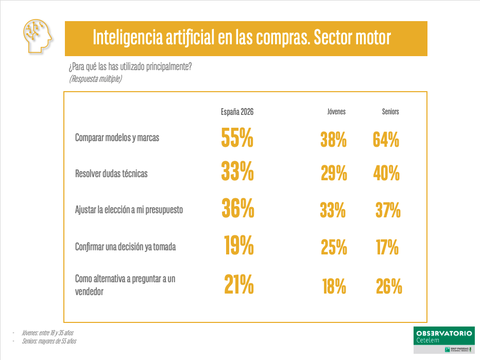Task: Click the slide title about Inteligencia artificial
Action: click(242, 38)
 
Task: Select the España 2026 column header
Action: click(237, 112)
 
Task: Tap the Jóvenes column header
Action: click(336, 112)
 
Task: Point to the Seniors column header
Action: click(390, 112)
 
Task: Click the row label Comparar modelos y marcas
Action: click(117, 138)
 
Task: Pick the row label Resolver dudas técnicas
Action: click(111, 174)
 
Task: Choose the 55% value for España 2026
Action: click(237, 138)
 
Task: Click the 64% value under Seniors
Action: click(386, 140)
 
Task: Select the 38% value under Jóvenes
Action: click(334, 140)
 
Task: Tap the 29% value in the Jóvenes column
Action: click(334, 174)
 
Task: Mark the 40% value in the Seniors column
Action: click(386, 174)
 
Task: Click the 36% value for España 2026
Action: click(238, 208)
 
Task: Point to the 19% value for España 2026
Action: click(239, 245)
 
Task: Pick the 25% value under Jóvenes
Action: click(334, 248)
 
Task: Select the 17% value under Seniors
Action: click(387, 248)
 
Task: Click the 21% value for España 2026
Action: click(239, 284)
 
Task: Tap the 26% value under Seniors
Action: click(389, 286)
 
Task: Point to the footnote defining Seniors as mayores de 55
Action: click(49, 341)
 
